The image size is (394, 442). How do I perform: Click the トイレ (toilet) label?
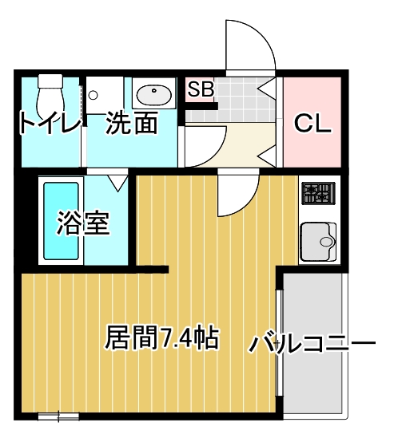coord(49,124)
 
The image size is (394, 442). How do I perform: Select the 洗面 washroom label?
coord(130,124)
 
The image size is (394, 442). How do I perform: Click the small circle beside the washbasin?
coord(94,96)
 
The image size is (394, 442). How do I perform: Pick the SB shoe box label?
coord(201,89)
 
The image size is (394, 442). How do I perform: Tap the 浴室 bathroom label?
coord(82,224)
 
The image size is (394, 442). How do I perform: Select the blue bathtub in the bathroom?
coord(61,220)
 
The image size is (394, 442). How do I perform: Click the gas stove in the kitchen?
coord(319,194)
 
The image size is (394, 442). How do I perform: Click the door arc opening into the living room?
coord(238,195)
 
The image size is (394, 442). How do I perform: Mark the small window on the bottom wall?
coord(58,415)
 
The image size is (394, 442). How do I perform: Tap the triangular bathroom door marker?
coord(119,183)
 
